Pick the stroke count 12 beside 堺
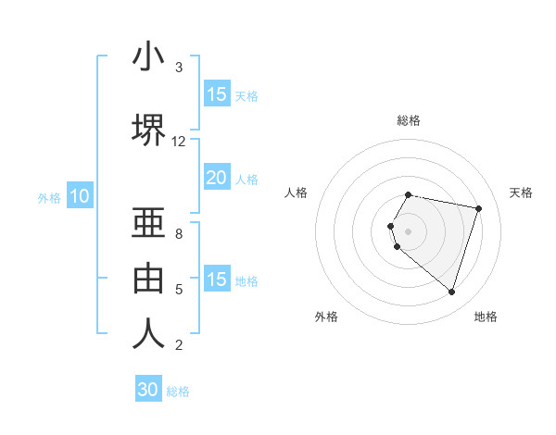[179, 142]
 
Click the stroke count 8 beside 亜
[179, 234]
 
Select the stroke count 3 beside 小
[179, 68]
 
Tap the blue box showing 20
[216, 178]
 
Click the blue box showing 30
[148, 390]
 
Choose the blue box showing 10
[79, 196]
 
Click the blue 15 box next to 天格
[216, 94]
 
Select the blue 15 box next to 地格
[216, 280]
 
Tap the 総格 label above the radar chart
[409, 120]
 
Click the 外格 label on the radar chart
[326, 317]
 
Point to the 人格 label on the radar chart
[296, 193]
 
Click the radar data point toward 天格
[478, 208]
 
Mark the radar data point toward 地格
[451, 292]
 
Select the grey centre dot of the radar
[409, 230]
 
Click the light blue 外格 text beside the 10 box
[48, 197]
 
